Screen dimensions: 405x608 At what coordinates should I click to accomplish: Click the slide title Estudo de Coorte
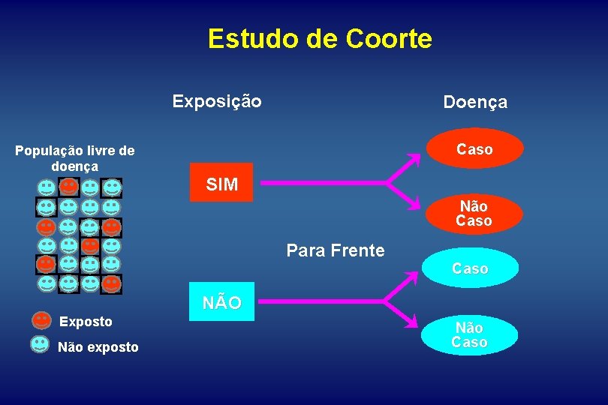320,38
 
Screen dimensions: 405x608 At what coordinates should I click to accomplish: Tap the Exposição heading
217,100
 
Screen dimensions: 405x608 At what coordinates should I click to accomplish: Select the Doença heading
474,102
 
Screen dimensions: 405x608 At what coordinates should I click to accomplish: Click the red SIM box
221,182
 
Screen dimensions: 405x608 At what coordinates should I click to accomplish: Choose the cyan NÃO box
221,302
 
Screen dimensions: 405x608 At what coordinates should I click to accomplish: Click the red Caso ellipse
474,149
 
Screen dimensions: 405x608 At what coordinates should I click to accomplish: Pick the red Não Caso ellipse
474,213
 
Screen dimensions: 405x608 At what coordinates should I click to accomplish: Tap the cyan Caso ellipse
471,268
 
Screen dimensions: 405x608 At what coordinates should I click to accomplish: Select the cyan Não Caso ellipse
470,334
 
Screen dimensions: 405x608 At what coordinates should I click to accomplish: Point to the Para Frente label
335,250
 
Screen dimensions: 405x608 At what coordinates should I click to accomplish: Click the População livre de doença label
75,157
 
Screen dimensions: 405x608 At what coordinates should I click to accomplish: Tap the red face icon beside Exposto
42,321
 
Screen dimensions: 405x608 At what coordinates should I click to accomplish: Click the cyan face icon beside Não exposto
39,344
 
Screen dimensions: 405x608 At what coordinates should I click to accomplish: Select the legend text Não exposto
98,346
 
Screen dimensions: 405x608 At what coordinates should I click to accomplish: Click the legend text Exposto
86,322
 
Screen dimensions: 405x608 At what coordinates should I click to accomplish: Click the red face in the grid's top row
68,185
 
